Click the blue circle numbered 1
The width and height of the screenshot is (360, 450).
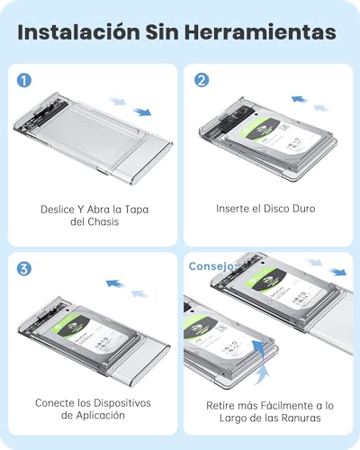[23, 79]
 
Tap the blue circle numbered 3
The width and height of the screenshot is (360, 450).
[23, 268]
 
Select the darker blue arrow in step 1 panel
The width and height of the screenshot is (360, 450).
[142, 112]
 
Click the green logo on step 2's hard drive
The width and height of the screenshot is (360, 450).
[259, 131]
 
